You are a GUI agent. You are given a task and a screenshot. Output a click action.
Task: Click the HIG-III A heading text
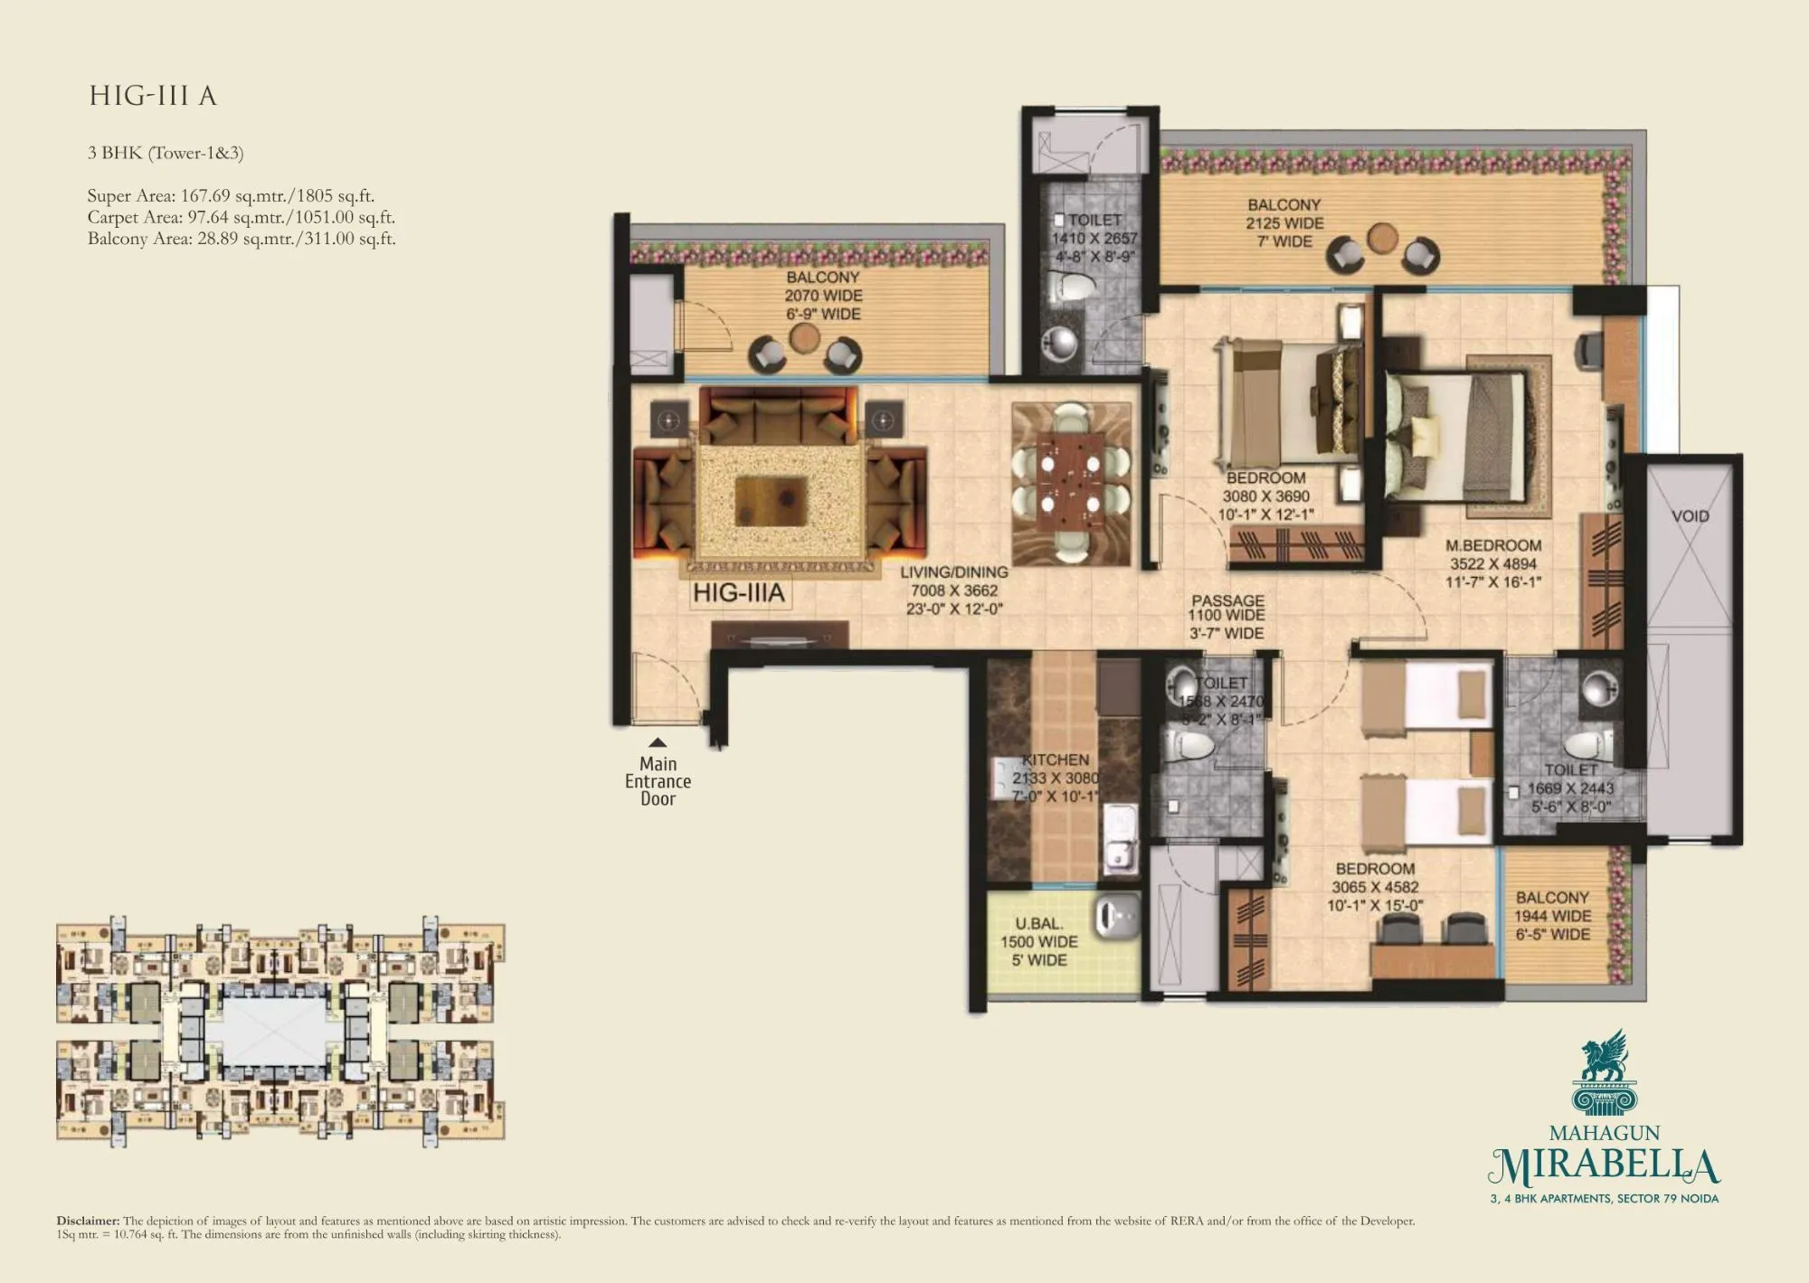[153, 96]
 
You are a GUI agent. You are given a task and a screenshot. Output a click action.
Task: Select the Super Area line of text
[231, 195]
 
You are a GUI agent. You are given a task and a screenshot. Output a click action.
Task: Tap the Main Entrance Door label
[658, 781]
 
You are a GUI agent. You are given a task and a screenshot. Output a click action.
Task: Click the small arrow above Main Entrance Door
[658, 742]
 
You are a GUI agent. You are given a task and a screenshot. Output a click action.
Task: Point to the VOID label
[1690, 516]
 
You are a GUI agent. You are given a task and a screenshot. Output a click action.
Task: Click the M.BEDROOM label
[1493, 545]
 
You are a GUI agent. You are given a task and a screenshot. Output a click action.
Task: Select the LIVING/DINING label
[953, 572]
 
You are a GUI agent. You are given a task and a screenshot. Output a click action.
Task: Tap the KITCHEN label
[1056, 759]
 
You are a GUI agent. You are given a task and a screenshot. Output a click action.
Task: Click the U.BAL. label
[1038, 923]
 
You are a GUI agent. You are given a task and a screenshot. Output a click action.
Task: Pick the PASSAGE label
[1227, 600]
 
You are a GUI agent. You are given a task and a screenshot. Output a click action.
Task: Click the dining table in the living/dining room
[1071, 484]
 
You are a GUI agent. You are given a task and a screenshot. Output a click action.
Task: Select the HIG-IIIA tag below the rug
[739, 593]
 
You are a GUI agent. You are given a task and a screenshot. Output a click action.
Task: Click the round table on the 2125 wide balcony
[1382, 239]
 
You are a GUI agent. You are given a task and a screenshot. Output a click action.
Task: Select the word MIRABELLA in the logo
[1604, 1167]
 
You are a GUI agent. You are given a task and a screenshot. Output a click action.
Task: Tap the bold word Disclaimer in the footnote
[88, 1221]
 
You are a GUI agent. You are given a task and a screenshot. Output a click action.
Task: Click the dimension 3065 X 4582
[1375, 887]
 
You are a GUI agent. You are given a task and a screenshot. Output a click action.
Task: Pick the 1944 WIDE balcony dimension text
[1552, 915]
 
